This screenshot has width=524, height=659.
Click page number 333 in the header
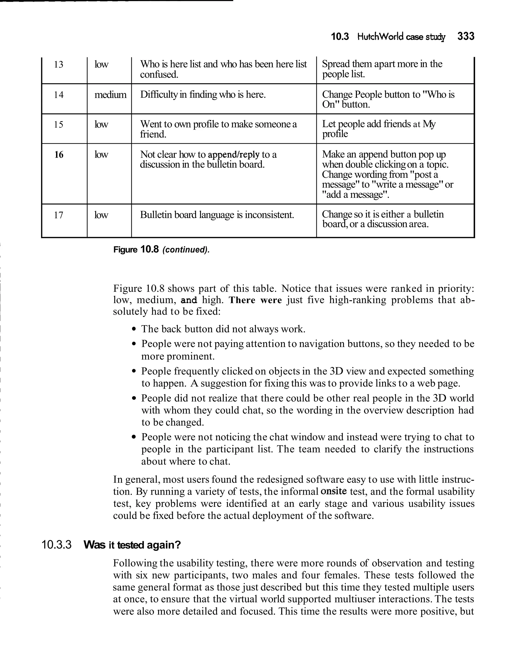pyautogui.click(x=465, y=36)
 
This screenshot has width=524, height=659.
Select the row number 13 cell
pyautogui.click(x=59, y=65)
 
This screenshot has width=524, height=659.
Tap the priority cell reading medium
pyautogui.click(x=110, y=95)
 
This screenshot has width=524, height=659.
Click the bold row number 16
pyautogui.click(x=59, y=155)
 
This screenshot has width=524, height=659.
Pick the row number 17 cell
pyautogui.click(x=59, y=215)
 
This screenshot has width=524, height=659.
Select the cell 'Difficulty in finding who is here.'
pyautogui.click(x=203, y=94)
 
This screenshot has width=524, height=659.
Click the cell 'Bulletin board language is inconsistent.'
pyautogui.click(x=217, y=215)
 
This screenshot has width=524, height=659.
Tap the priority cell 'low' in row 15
pyautogui.click(x=101, y=124)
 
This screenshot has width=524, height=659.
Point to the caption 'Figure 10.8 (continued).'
pyautogui.click(x=161, y=250)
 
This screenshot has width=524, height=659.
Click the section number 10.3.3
pyautogui.click(x=56, y=544)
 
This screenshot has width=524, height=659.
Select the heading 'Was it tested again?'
pyautogui.click(x=132, y=545)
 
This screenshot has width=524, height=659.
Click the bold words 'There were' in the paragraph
pyautogui.click(x=255, y=300)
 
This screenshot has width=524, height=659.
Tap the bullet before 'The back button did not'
pyautogui.click(x=134, y=329)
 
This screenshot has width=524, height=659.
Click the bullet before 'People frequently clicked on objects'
pyautogui.click(x=134, y=372)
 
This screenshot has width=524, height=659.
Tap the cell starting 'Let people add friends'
pyautogui.click(x=379, y=129)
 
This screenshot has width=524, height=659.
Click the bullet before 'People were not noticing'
pyautogui.click(x=134, y=437)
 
